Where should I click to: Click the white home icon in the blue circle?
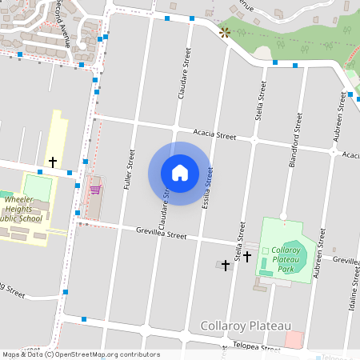tap(180, 173)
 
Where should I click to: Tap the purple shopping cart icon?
tap(95, 190)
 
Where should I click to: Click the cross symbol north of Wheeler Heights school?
tap(53, 162)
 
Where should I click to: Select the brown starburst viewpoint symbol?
tap(225, 32)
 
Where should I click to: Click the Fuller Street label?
tap(129, 169)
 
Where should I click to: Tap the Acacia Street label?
tap(214, 134)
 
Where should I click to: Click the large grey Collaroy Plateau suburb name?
tap(244, 326)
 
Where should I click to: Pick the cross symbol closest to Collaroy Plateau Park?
tap(247, 257)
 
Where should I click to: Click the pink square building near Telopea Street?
tap(294, 339)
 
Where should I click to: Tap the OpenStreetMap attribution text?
tap(80, 354)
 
